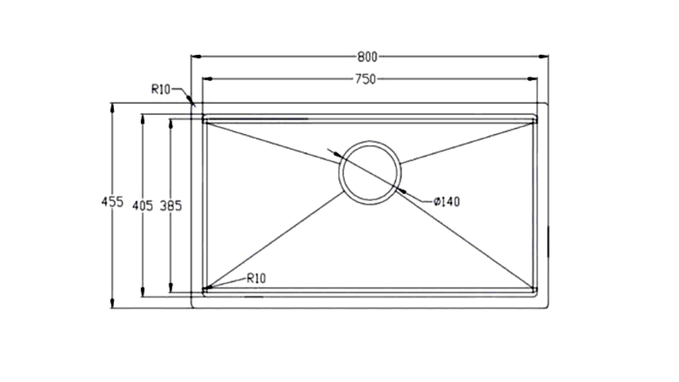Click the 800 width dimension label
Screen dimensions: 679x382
tap(367, 57)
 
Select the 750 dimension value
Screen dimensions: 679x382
tap(365, 80)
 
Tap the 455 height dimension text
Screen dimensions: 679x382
tap(112, 202)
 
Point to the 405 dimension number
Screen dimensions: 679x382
tap(143, 206)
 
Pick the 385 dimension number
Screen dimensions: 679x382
tap(171, 206)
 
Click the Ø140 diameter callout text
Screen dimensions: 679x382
tap(447, 202)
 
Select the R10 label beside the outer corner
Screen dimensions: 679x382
tap(161, 90)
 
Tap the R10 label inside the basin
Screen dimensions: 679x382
tap(256, 279)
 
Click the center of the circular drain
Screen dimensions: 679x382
tap(370, 172)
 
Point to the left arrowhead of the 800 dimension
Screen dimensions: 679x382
tap(196, 56)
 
